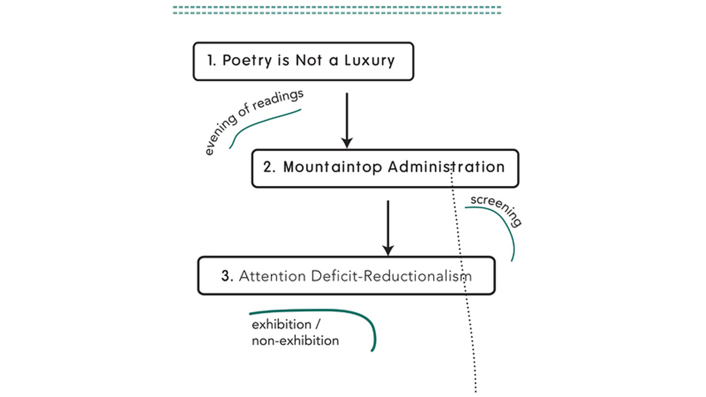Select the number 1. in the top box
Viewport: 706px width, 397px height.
coord(212,61)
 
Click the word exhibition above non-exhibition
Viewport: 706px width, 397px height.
coord(281,325)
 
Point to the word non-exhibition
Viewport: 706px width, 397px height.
coord(295,341)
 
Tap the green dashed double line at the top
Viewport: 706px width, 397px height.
coord(337,10)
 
